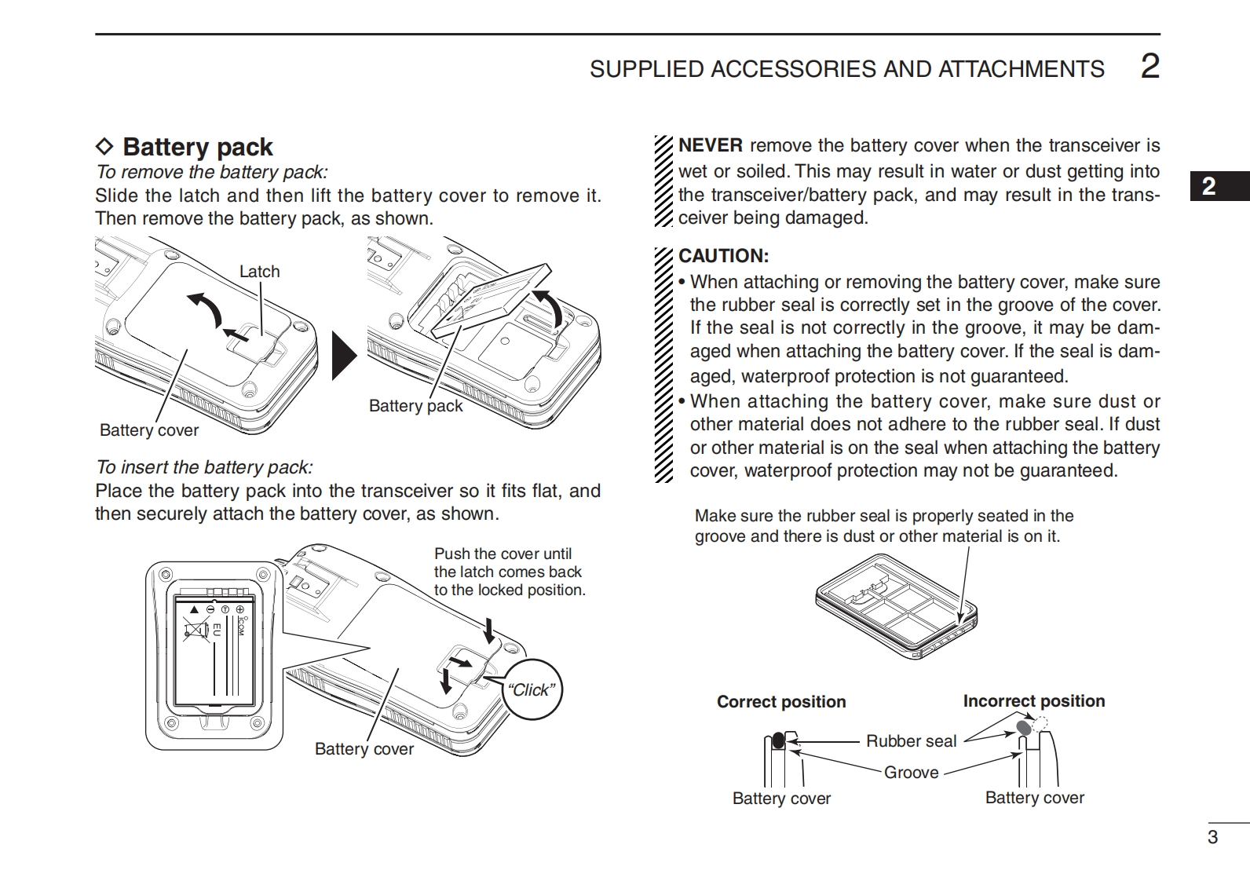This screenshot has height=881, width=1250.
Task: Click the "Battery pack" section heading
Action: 197,147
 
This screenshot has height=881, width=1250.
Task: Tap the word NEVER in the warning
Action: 710,145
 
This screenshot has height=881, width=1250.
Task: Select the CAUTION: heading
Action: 723,256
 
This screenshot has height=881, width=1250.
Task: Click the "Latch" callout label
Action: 259,272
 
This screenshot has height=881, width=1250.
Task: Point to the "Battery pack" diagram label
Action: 415,406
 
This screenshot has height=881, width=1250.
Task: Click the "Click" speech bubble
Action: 532,690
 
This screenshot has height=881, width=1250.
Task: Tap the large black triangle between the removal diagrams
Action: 343,356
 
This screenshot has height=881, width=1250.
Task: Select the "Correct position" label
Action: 781,702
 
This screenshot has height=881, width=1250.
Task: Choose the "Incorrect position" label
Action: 1033,701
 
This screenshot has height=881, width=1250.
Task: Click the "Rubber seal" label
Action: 911,741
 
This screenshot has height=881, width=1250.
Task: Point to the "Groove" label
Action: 911,773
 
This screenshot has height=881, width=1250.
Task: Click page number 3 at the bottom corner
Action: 1212,837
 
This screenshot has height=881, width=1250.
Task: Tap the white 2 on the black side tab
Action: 1209,186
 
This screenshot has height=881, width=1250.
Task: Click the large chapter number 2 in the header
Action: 1149,67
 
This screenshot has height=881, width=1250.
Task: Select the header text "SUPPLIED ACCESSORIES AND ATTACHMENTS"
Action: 846,69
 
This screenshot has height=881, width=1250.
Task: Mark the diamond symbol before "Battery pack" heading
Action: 104,147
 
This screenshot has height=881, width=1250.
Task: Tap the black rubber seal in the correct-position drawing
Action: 778,740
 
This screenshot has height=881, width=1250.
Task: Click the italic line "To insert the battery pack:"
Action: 204,467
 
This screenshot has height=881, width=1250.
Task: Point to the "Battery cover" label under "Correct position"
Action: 781,799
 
